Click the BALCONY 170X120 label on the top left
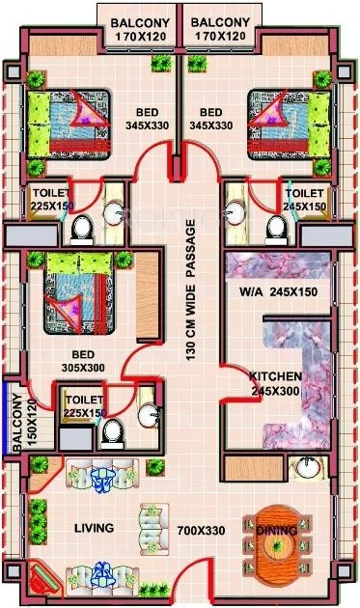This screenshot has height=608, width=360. tap(137, 29)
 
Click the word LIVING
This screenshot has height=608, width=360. tap(94, 528)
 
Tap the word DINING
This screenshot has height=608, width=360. tap(278, 529)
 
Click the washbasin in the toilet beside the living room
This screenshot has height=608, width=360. tap(149, 415)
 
